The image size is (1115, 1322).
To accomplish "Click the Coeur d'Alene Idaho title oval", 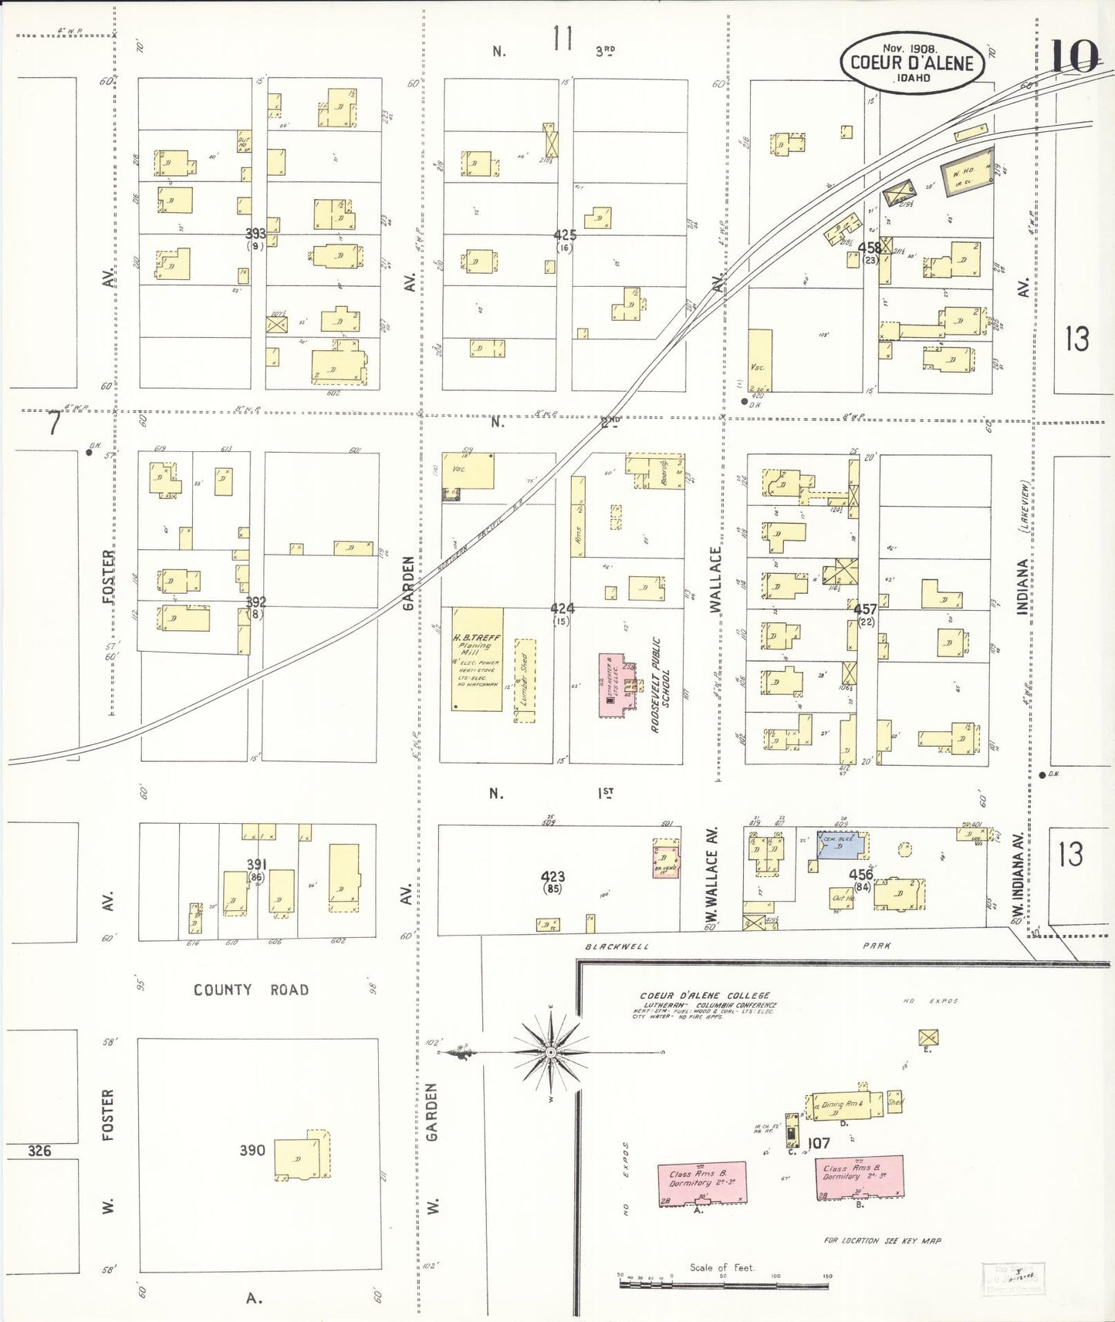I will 912,63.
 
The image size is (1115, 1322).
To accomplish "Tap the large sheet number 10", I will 1074,56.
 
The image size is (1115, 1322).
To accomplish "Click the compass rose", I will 550,1052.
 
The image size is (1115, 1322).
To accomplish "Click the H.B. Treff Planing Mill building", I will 477,659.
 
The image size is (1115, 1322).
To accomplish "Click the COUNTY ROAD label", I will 251,990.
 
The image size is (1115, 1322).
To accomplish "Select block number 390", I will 252,1150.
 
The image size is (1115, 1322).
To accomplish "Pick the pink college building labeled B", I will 859,1177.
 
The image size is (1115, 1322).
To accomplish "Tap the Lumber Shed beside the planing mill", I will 525,680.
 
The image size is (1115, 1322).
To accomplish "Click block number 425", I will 565,234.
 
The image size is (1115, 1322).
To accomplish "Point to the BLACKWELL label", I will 617,946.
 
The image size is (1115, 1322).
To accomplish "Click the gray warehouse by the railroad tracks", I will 967,171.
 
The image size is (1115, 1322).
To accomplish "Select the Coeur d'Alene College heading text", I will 704,996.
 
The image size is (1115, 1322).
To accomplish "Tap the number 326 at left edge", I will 39,1151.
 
